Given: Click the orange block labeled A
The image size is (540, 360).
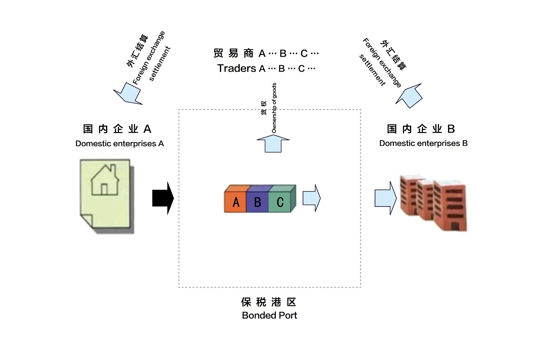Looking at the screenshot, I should click(x=235, y=202).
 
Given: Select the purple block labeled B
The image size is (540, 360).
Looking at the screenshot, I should click(x=257, y=202).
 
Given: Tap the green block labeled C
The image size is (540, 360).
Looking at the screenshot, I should click(x=280, y=202).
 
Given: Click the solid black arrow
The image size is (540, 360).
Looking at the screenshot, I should click(x=163, y=198).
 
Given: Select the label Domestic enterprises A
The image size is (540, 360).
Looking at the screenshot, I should click(x=120, y=144).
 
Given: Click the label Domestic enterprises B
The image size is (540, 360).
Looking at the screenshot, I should click(x=423, y=143).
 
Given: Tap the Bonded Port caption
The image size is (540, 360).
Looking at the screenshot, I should click(x=269, y=315).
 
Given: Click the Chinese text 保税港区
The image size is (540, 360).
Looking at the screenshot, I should click(x=269, y=302).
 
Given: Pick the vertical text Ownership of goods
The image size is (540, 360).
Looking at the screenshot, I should click(x=274, y=108).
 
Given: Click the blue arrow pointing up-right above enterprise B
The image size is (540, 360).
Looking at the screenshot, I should click(x=410, y=96).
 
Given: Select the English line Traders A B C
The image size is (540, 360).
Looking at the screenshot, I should click(x=266, y=69).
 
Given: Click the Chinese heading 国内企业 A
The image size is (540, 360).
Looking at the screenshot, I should click(x=117, y=129).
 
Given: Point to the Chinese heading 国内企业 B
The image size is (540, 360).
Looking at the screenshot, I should click(x=421, y=129).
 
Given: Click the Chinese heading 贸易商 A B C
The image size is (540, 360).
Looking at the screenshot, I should click(x=266, y=53).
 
